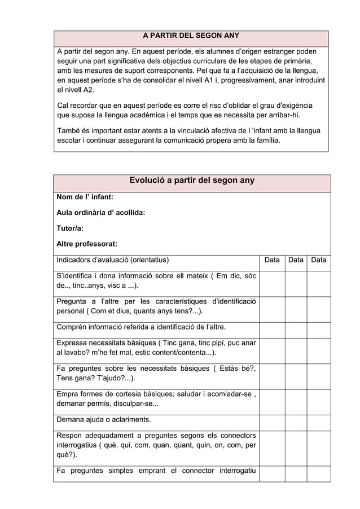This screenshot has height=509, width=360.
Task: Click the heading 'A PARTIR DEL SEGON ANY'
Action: coord(191,36)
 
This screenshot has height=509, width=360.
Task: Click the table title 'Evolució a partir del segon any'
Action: coord(192,181)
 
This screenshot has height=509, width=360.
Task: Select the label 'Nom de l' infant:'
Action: coord(85,197)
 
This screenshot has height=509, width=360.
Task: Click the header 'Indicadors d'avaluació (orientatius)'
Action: coord(112,260)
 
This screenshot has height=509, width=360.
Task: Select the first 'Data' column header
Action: coord(272,260)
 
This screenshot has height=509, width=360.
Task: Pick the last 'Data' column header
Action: coord(319,260)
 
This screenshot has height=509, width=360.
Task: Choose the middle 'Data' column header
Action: coord(296,260)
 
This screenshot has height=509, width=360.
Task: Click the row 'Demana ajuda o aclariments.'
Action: coord(104,419)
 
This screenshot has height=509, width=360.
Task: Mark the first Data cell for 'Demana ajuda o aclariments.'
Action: coord(272,419)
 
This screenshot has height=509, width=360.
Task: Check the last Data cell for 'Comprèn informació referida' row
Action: coord(319,327)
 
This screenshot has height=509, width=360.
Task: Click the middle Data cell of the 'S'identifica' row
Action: coord(296,280)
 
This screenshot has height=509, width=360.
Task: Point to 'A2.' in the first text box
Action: coord(88,90)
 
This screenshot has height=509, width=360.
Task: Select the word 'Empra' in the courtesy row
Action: coord(68,393)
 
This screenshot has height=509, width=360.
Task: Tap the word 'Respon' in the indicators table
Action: coord(70,435)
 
